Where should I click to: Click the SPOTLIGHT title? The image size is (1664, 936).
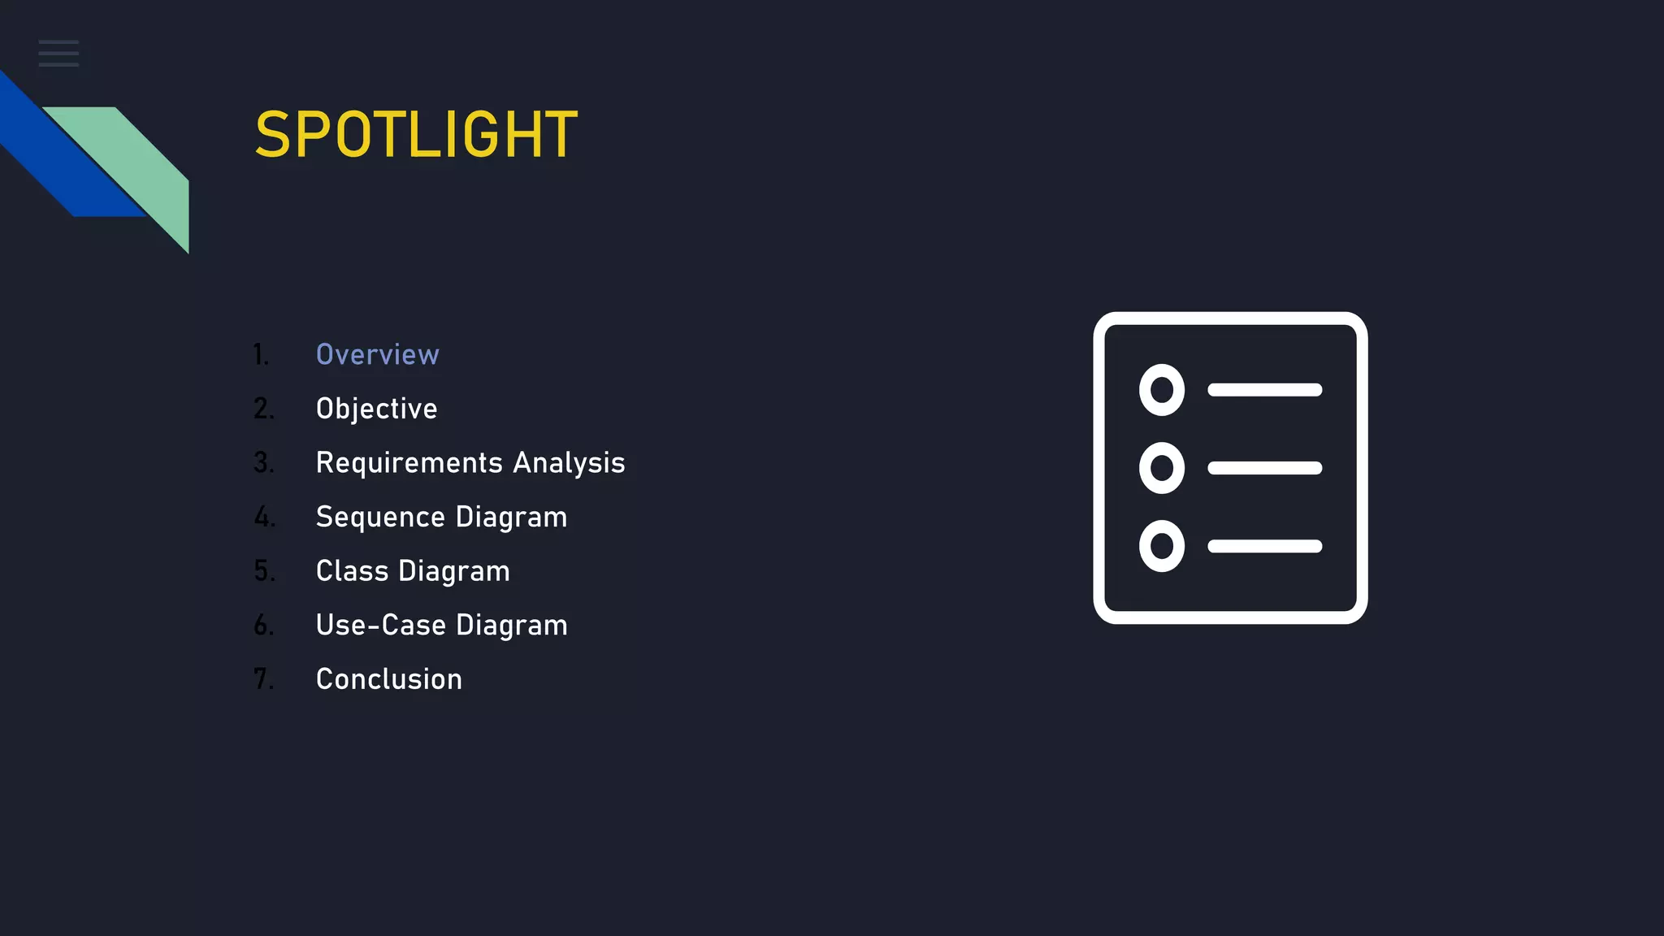[x=416, y=135]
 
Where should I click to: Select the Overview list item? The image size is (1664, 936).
[x=377, y=355]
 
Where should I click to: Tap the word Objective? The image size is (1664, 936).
[x=376, y=409]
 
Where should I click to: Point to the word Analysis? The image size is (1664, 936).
[x=569, y=463]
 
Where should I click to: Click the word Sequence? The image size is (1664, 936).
[x=380, y=518]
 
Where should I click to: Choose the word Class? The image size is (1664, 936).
[x=352, y=571]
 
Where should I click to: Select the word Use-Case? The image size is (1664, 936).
[x=380, y=626]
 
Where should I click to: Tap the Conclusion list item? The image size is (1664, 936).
[x=388, y=679]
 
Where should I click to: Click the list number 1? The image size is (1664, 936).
[x=260, y=355]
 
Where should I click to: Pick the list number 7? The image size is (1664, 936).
[x=263, y=679]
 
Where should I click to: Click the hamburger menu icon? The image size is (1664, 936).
[x=58, y=54]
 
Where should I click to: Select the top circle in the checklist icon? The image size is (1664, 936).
[x=1162, y=390]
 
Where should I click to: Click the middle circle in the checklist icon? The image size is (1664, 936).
[x=1162, y=468]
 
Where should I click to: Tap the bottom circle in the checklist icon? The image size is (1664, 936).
[x=1162, y=546]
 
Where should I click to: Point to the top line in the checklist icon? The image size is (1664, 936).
[x=1264, y=390]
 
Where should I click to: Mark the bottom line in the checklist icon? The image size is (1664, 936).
[x=1264, y=546]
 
